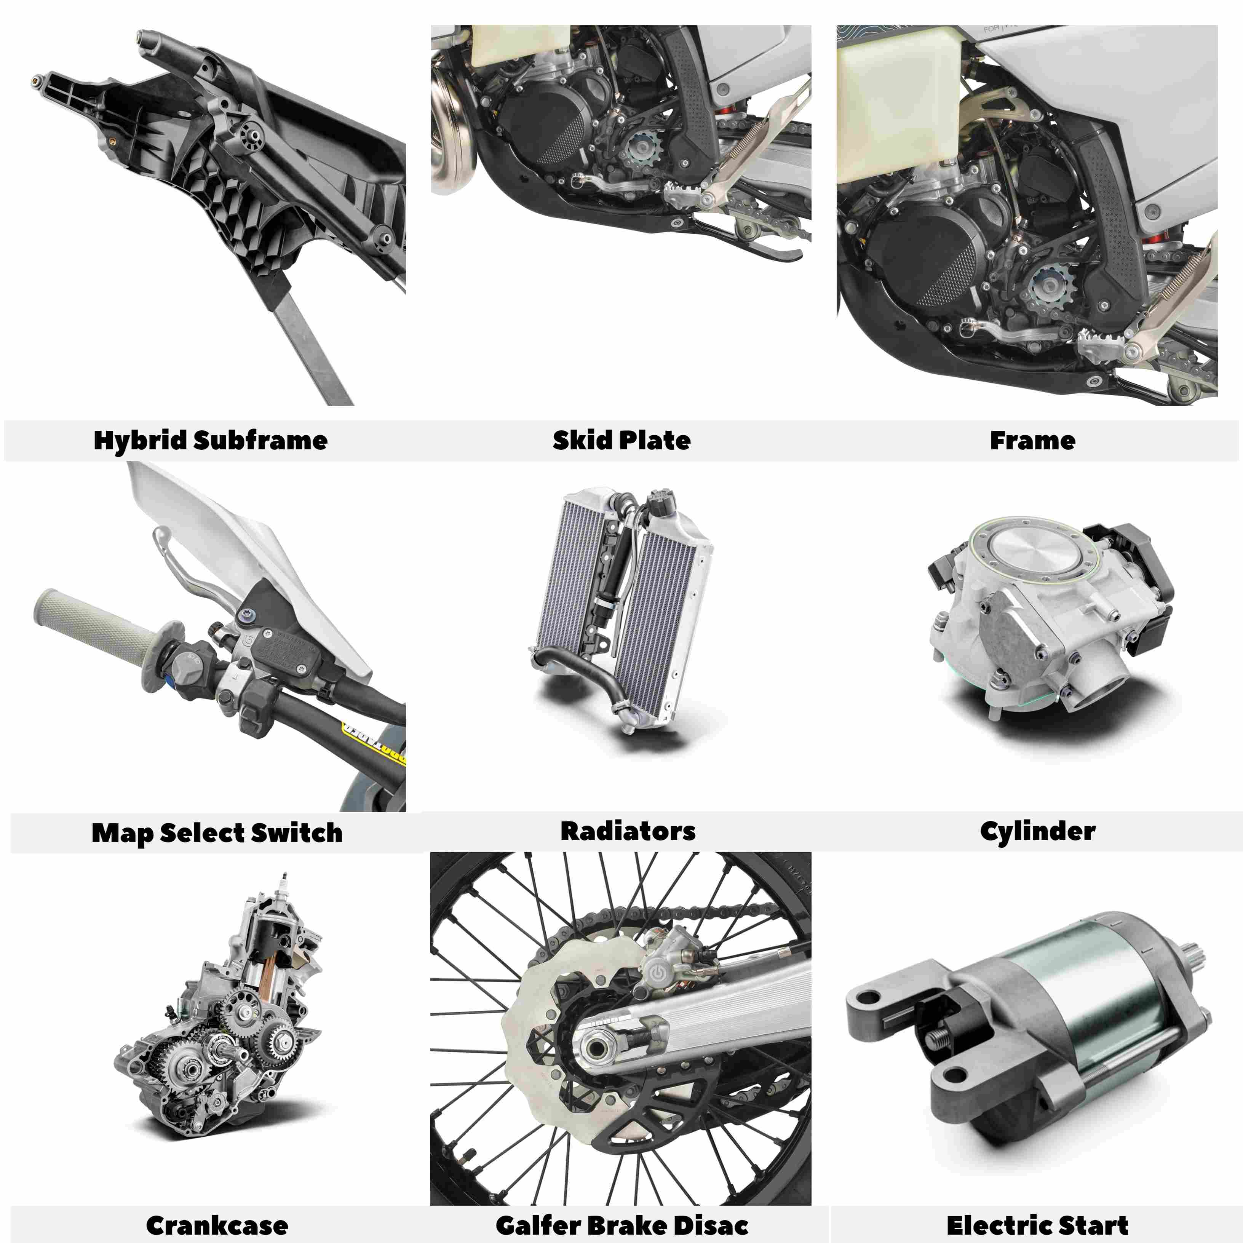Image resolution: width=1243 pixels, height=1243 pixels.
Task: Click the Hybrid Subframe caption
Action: [x=210, y=441]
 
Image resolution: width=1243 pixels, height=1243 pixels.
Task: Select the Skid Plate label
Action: [x=621, y=441]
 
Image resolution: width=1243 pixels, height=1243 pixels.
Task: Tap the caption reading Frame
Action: [x=1032, y=441]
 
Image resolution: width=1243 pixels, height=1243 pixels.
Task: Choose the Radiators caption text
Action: [x=628, y=831]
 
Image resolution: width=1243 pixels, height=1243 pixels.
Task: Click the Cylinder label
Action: [x=1037, y=831]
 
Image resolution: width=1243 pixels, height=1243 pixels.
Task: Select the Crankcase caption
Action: [x=217, y=1225]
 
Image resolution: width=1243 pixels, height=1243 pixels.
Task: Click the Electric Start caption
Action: [x=1037, y=1225]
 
